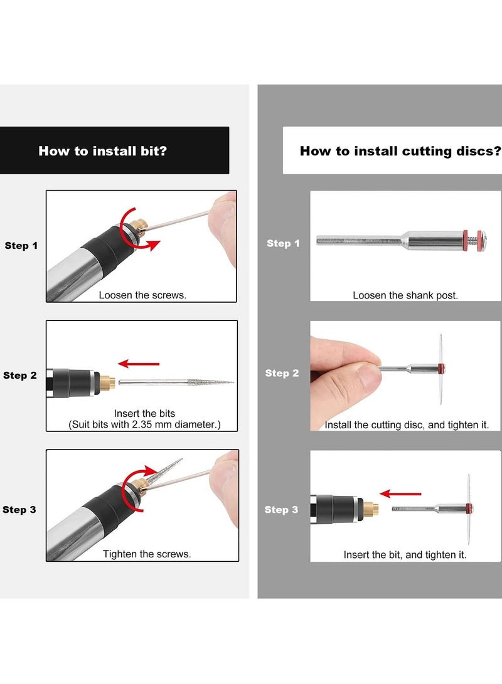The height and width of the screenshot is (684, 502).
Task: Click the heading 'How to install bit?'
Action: pos(102,150)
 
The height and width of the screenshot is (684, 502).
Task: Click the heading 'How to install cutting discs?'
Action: pos(400,151)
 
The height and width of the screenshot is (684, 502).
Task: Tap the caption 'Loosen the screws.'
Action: pos(142,295)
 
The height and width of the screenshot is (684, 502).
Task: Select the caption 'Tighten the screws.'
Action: pos(147,554)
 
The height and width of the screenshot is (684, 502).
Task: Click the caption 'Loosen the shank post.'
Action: pos(405,295)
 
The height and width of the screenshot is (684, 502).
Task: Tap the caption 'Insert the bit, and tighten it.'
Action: pos(405,554)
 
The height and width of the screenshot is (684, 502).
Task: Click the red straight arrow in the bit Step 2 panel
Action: pos(139,363)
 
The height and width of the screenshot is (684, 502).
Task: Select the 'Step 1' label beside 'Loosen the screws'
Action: pos(21,246)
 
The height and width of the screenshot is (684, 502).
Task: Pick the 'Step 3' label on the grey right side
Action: pos(281,510)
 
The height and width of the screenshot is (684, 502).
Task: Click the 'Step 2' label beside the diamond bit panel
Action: pos(20,376)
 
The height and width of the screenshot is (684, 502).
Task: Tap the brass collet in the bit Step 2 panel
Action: pos(107,381)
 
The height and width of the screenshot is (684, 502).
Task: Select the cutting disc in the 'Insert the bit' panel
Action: pos(467,507)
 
